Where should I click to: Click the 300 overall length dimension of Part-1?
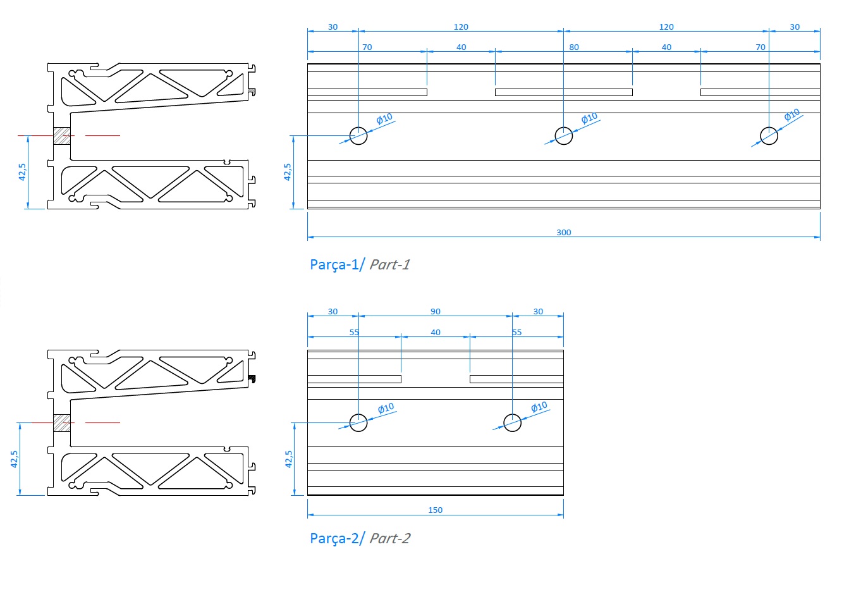[563, 232]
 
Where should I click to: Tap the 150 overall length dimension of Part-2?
[435, 510]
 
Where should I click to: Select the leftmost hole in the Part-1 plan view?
[358, 135]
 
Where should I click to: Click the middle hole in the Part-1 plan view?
[563, 135]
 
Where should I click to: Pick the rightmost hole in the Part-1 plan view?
[769, 135]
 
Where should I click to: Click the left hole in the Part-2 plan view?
[358, 422]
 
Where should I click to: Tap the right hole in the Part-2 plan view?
[512, 422]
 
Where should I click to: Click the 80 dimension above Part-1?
[573, 47]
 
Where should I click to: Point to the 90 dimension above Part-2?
[435, 312]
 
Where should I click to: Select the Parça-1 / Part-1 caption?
[359, 264]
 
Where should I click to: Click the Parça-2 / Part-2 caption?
[359, 538]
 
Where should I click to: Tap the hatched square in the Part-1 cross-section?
[61, 136]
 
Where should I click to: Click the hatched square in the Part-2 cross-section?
[61, 422]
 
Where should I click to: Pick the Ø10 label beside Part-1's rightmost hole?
[792, 115]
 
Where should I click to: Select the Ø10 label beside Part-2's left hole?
[386, 409]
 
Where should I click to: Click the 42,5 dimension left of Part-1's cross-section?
[22, 172]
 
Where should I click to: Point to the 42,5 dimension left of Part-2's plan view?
[288, 459]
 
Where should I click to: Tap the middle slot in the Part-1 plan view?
[563, 92]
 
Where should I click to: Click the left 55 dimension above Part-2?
[354, 333]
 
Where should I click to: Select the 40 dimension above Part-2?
[435, 333]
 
